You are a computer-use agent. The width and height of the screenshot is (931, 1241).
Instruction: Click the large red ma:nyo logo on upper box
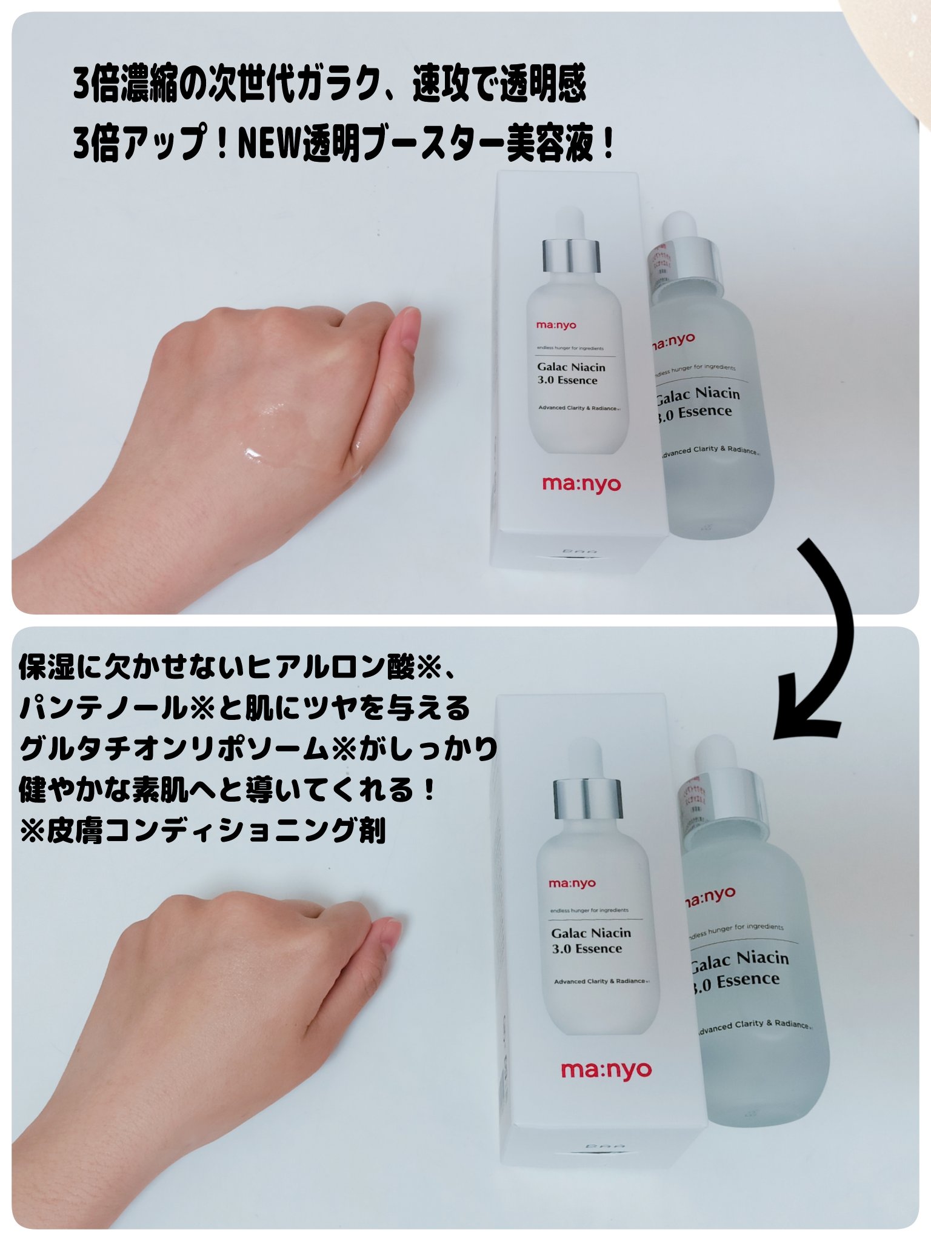[x=581, y=484]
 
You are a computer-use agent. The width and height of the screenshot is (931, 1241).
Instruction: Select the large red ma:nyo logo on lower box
[x=606, y=1071]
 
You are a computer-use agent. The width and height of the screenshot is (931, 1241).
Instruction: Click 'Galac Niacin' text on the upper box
[x=571, y=367]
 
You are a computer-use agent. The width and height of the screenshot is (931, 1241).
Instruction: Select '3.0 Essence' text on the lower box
[x=587, y=949]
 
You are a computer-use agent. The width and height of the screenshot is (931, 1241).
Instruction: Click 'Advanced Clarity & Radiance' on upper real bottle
[x=709, y=451]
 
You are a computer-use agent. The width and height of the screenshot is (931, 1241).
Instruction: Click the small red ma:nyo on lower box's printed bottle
[x=572, y=883]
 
